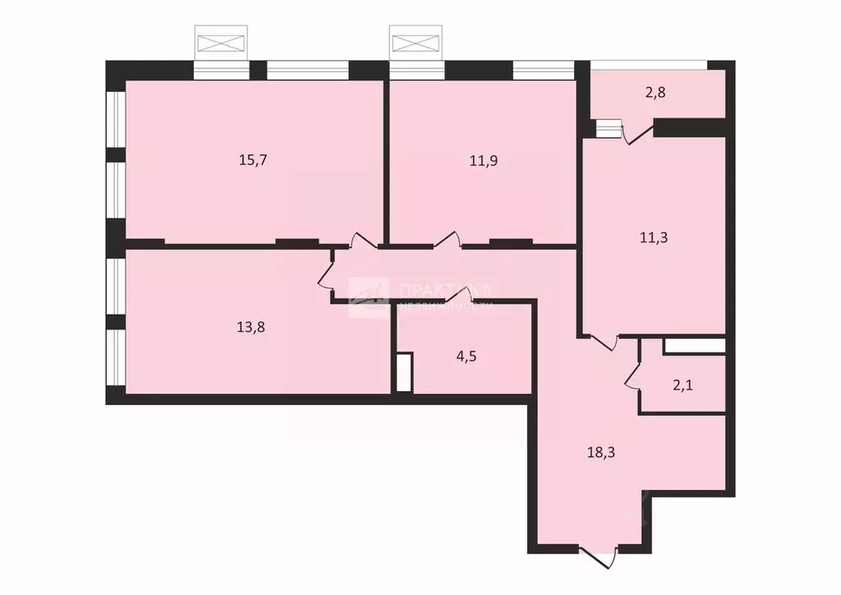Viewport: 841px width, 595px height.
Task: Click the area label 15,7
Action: [254, 160]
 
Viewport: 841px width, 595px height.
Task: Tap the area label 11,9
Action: [484, 160]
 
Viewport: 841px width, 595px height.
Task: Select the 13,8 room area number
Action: [250, 326]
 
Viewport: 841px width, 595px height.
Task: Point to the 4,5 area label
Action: [466, 357]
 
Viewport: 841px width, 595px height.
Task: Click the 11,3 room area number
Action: [653, 238]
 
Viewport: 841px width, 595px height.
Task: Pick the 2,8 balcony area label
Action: [655, 92]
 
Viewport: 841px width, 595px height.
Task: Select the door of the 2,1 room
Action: [633, 375]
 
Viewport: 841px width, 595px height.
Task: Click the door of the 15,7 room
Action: [363, 242]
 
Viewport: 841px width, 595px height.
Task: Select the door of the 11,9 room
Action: [447, 240]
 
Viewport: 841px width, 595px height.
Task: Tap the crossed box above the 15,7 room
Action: [220, 41]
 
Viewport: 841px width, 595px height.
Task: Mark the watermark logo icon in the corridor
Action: [369, 297]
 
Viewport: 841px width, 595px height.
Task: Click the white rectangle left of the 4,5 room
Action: [403, 372]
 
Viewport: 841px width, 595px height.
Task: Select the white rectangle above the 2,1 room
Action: [694, 346]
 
